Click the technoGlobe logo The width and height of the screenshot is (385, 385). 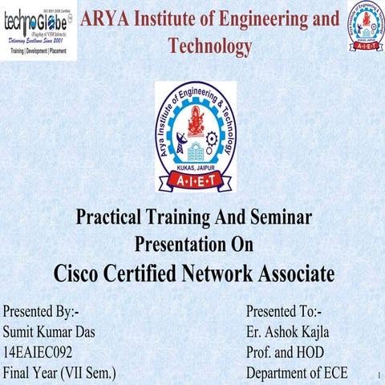point(38,30)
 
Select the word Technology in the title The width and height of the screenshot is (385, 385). point(210,47)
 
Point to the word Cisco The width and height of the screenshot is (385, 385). point(83,274)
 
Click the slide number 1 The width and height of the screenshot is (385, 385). point(375,375)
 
